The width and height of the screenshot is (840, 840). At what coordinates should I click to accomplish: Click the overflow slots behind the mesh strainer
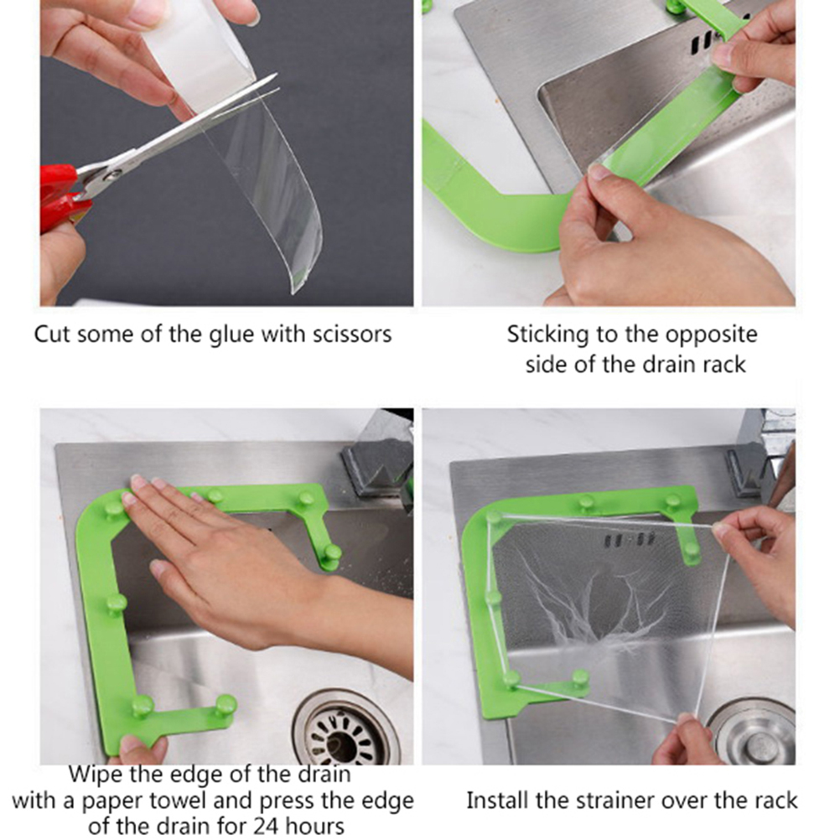tap(629, 540)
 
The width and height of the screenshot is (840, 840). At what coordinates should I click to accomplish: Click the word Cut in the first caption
tap(53, 334)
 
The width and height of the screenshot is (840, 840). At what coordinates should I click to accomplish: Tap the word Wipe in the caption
tap(93, 775)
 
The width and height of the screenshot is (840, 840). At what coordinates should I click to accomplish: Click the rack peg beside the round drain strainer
tap(226, 705)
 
